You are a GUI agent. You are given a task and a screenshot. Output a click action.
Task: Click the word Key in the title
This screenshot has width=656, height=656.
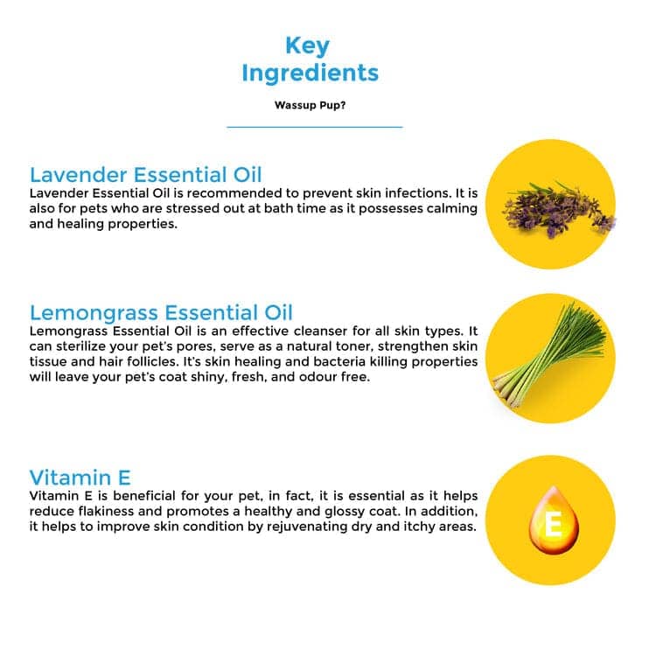(x=308, y=46)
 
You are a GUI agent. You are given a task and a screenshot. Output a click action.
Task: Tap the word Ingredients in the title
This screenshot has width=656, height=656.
(x=310, y=73)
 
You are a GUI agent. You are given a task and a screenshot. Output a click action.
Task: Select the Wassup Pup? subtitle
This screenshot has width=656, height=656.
(x=310, y=105)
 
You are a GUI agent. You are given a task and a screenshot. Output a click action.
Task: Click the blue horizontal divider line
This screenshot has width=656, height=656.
(x=315, y=127)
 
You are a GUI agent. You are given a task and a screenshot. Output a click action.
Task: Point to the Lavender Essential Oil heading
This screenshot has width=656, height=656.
(x=145, y=175)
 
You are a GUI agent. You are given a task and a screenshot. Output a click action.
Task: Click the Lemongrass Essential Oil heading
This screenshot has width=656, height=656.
(x=161, y=312)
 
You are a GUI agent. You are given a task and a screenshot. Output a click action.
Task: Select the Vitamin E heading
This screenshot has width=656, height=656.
(x=80, y=478)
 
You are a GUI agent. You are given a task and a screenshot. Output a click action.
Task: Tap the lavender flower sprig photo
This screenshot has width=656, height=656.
(x=560, y=209)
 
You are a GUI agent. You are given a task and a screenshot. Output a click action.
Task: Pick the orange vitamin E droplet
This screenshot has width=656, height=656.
(x=554, y=520)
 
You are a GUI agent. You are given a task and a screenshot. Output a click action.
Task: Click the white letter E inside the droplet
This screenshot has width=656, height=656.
(x=553, y=524)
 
